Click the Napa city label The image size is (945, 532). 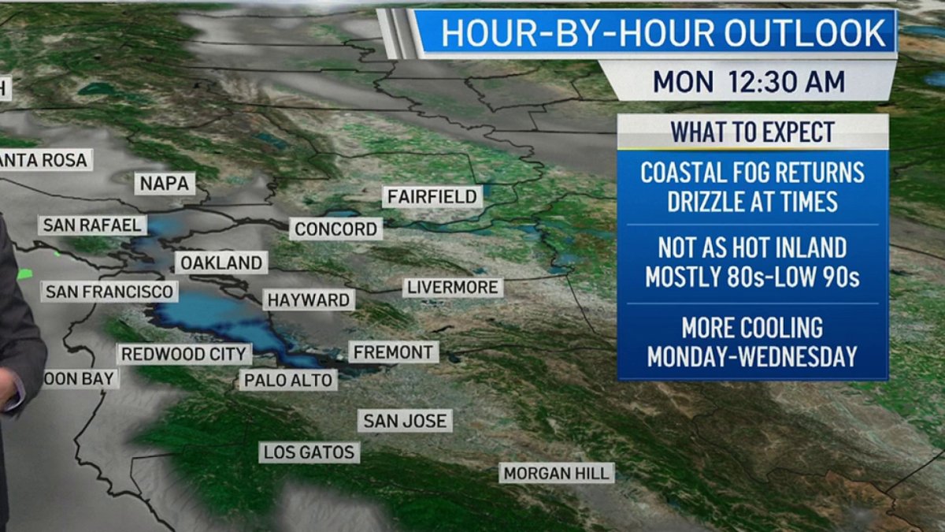[x=165, y=184]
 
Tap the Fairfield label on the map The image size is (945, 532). [x=432, y=196]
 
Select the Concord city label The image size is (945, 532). [x=336, y=229]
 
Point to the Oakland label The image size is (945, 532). [x=221, y=263]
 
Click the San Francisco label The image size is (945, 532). [x=109, y=292]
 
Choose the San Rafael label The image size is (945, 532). [x=92, y=225]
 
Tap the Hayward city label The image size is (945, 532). [x=308, y=300]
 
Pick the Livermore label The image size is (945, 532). [x=453, y=288]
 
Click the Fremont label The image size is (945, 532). [x=393, y=352]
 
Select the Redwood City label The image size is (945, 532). [x=184, y=355]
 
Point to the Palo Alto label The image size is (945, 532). [x=287, y=381]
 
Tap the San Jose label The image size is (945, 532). [x=405, y=421]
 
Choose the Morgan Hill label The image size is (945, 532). [x=557, y=473]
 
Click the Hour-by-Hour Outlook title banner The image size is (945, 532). [x=662, y=33]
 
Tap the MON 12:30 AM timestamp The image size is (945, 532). [x=748, y=81]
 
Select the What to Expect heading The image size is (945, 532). [x=752, y=132]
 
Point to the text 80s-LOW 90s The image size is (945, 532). [x=787, y=277]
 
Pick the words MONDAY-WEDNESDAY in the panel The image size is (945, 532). [x=752, y=356]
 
